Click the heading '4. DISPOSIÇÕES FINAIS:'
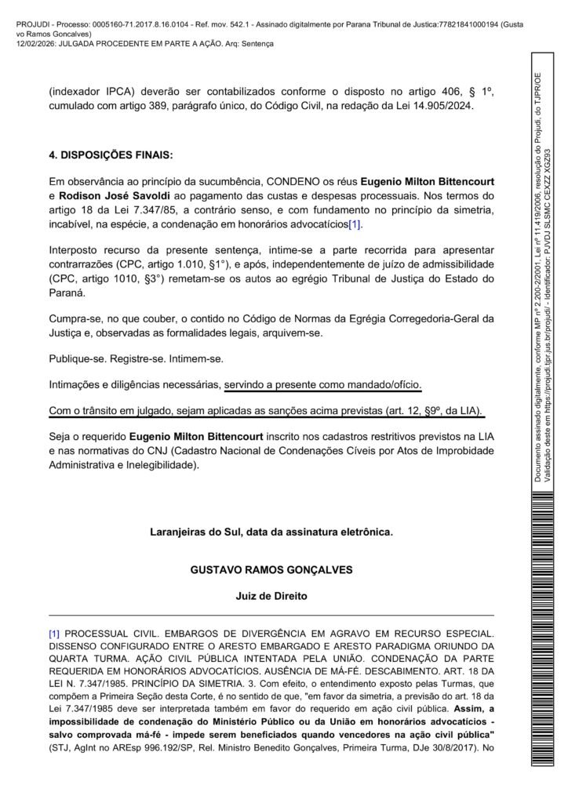111,155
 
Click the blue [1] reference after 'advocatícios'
355,225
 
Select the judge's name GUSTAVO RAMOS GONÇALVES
271,569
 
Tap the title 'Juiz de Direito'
271,596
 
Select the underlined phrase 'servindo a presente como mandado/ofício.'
322,385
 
